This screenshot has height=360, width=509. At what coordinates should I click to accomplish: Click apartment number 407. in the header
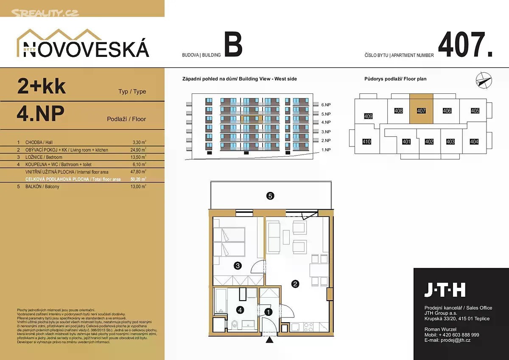click(x=465, y=45)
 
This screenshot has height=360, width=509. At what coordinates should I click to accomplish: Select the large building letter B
click(x=233, y=45)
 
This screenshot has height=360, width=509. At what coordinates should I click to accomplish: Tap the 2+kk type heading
click(x=42, y=86)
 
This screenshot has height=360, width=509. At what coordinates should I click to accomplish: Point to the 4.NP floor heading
click(x=41, y=113)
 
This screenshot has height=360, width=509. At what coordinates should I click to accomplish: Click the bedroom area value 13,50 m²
click(x=139, y=157)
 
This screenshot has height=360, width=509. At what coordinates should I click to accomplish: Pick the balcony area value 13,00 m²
click(x=139, y=186)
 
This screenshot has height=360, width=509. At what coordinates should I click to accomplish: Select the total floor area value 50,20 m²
click(x=139, y=179)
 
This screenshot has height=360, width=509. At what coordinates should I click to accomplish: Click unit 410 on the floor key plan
click(x=366, y=142)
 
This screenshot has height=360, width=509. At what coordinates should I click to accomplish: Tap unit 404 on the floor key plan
click(x=474, y=142)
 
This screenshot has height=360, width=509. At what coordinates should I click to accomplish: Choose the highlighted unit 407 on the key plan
click(x=421, y=111)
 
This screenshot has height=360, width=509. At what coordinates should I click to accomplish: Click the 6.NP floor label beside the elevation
click(x=326, y=104)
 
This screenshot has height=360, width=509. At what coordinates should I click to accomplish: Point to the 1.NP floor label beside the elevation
click(x=326, y=150)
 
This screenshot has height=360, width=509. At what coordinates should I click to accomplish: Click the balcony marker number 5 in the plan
click(x=270, y=196)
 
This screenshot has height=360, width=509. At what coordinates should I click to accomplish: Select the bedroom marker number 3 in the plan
click(x=238, y=266)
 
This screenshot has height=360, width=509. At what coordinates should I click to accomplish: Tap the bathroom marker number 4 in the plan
click(x=240, y=310)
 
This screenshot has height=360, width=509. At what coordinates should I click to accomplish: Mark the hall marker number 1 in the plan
click(x=268, y=312)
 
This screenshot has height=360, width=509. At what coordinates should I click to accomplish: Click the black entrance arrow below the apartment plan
click(x=269, y=340)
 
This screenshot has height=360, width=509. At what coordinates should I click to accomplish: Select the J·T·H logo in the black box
click(x=445, y=290)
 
